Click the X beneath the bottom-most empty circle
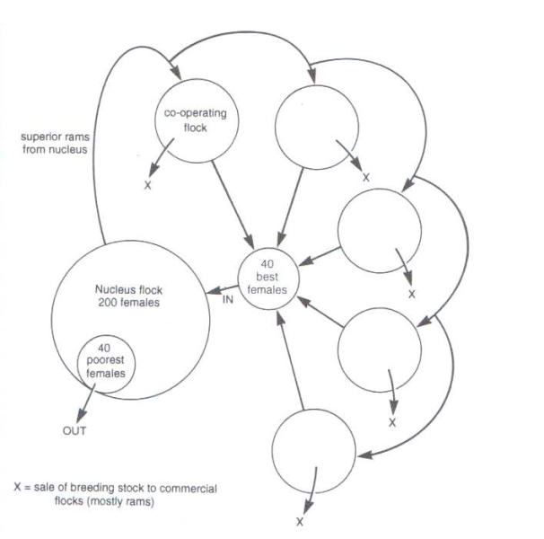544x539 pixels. point(300,521)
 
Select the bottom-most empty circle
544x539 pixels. point(308,447)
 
